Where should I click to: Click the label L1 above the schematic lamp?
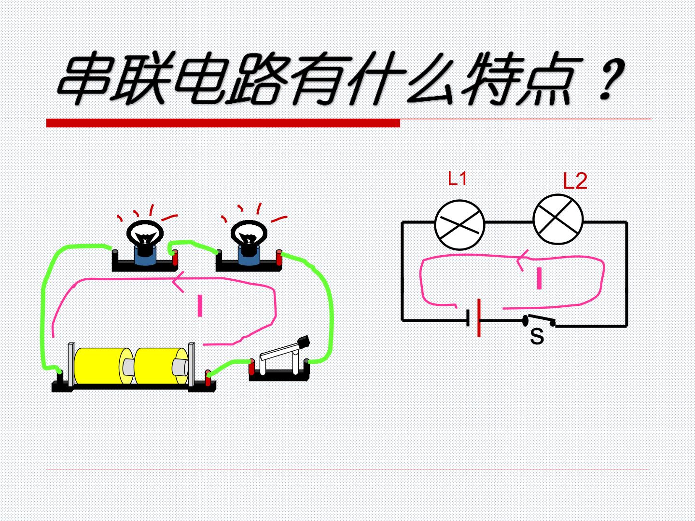[x=458, y=178]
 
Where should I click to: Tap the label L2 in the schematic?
[x=575, y=181]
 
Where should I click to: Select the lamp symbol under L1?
[x=459, y=225]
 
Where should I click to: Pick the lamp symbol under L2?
[x=558, y=219]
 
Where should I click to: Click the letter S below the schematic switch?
[x=537, y=336]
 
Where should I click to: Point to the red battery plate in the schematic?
[x=479, y=318]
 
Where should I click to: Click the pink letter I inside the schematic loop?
[x=540, y=278]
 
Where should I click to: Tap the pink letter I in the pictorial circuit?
[x=200, y=305]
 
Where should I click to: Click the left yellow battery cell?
[x=103, y=366]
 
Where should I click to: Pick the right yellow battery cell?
[x=162, y=366]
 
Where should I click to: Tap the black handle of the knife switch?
[x=304, y=342]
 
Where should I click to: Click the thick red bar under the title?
[x=223, y=123]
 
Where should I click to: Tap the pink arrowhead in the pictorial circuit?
[x=178, y=281]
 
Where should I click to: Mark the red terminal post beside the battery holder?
[x=208, y=378]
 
